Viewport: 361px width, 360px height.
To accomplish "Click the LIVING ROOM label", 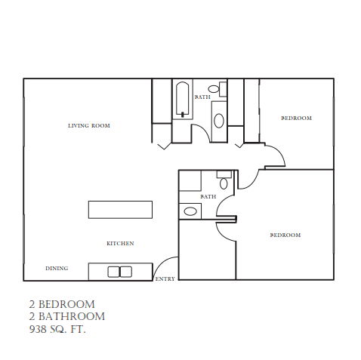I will click(x=88, y=125).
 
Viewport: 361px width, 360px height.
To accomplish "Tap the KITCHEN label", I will click(x=120, y=243).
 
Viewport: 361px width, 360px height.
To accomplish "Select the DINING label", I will click(x=57, y=268).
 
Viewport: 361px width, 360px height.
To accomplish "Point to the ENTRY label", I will click(x=165, y=279).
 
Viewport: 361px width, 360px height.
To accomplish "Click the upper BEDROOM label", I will click(x=296, y=118).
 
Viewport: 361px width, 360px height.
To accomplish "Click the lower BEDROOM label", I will click(x=285, y=235).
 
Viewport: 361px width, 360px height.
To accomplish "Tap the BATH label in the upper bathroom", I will click(x=202, y=97).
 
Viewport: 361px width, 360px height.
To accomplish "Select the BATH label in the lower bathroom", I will click(x=208, y=197).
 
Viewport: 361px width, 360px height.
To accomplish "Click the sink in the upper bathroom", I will click(x=218, y=120).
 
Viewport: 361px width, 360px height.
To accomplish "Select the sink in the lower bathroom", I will click(x=190, y=211).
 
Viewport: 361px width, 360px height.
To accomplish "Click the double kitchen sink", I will click(x=119, y=272).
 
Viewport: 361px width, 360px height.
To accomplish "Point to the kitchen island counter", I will click(x=121, y=209).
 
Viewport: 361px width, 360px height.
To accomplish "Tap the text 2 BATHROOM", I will click(x=66, y=317).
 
